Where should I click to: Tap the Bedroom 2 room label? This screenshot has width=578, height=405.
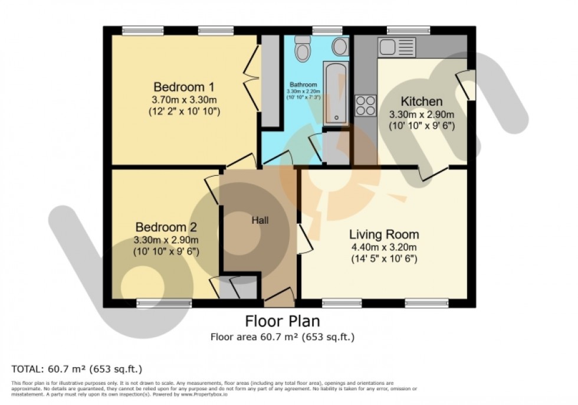click(x=166, y=227)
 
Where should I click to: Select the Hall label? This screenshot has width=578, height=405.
click(x=260, y=220)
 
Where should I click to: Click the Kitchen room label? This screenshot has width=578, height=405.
click(x=421, y=101)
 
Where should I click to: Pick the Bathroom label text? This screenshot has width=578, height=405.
click(x=304, y=84)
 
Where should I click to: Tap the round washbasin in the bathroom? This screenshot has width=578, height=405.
click(x=340, y=47)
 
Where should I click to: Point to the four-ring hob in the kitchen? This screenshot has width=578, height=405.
click(x=366, y=105)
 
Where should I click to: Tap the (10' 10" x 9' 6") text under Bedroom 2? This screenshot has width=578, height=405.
click(x=166, y=252)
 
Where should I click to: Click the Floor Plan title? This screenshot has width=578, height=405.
click(x=283, y=321)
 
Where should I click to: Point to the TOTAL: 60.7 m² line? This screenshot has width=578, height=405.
click(x=77, y=370)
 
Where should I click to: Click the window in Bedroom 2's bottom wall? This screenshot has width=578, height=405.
click(x=164, y=303)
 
